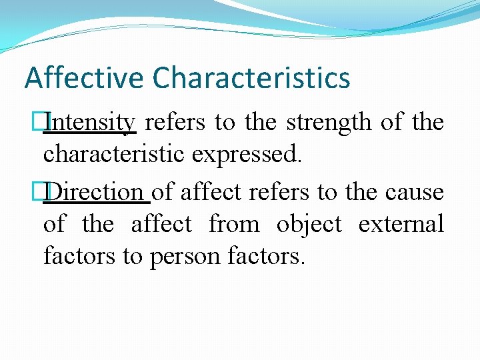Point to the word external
point(401,223)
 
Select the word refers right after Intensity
point(171,123)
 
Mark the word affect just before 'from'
point(161,223)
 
